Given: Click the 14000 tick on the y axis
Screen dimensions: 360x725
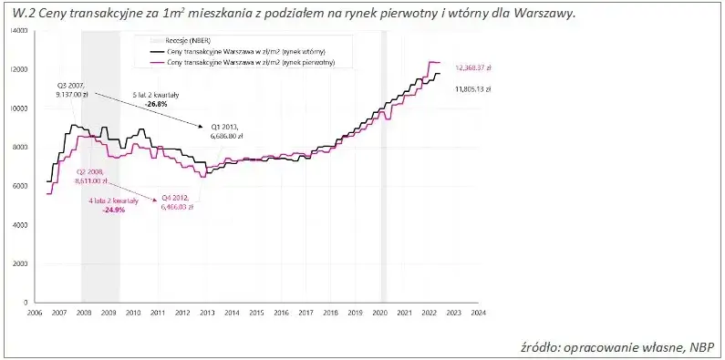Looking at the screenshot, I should point(20,31).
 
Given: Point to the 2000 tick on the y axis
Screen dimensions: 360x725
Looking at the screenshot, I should point(22,262).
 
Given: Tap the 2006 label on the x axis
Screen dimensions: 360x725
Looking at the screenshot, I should point(34,313).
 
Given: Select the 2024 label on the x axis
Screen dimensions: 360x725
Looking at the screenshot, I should point(478,313).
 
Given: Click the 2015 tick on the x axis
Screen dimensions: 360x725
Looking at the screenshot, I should point(256,313).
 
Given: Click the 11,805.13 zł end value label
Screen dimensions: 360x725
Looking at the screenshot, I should point(473,89).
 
